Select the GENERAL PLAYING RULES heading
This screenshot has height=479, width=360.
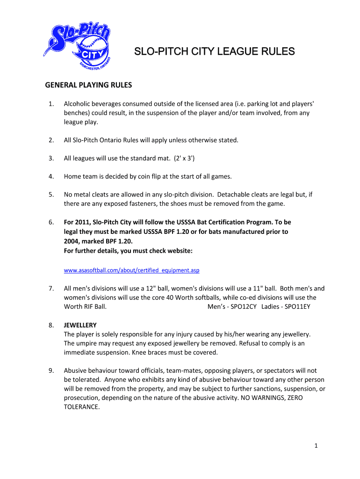click(88, 86)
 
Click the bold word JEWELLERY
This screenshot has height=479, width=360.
click(80, 325)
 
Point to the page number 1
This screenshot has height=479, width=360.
click(316, 446)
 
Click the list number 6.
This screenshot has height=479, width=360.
click(50, 222)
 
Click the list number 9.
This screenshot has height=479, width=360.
click(50, 371)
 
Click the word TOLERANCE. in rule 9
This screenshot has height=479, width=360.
click(82, 407)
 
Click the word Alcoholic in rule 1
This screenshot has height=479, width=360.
click(78, 103)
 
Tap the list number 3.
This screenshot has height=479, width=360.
click(50, 158)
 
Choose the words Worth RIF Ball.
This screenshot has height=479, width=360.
click(85, 307)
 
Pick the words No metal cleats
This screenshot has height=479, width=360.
click(86, 195)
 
